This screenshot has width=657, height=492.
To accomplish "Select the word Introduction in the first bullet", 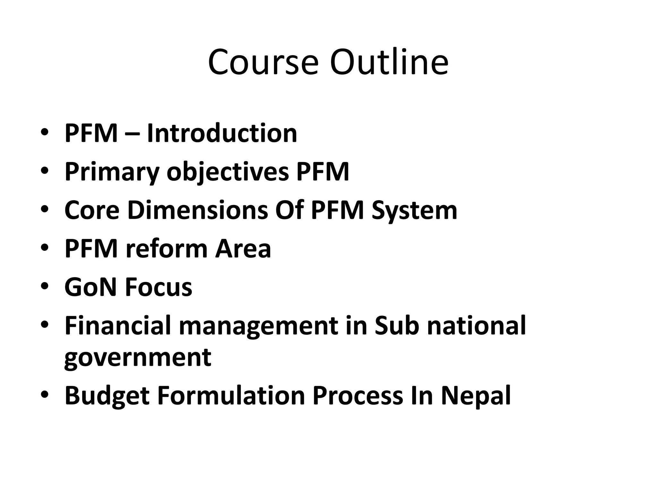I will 222,133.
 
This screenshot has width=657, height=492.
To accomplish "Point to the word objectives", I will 228,172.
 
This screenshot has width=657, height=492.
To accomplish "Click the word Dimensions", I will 198,210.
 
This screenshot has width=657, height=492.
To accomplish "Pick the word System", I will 414,210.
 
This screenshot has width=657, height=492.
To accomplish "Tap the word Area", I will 243,249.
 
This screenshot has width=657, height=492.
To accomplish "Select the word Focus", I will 158,287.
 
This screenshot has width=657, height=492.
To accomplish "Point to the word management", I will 258,326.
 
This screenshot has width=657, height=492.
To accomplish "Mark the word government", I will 138,357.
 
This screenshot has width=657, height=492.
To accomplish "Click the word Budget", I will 107,396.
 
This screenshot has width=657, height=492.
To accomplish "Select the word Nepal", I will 476,396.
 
